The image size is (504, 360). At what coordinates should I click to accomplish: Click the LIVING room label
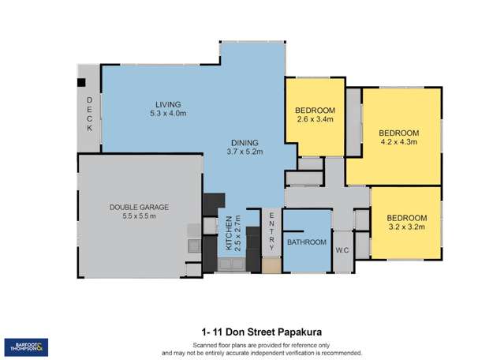168,104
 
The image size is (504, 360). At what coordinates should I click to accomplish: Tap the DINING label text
245,141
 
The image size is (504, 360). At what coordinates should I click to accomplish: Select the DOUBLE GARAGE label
139,207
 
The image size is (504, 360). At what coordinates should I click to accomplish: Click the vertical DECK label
89,113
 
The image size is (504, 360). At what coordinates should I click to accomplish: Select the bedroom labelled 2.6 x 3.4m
315,114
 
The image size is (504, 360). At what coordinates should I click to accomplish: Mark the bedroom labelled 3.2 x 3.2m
406,222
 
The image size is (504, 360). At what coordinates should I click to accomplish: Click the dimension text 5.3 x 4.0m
169,114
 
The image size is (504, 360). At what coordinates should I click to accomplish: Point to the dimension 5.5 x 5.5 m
140,216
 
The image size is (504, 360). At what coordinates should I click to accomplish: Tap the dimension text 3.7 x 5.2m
245,151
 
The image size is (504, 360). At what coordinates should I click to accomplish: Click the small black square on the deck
80,81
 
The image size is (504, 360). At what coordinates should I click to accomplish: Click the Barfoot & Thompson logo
26,347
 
